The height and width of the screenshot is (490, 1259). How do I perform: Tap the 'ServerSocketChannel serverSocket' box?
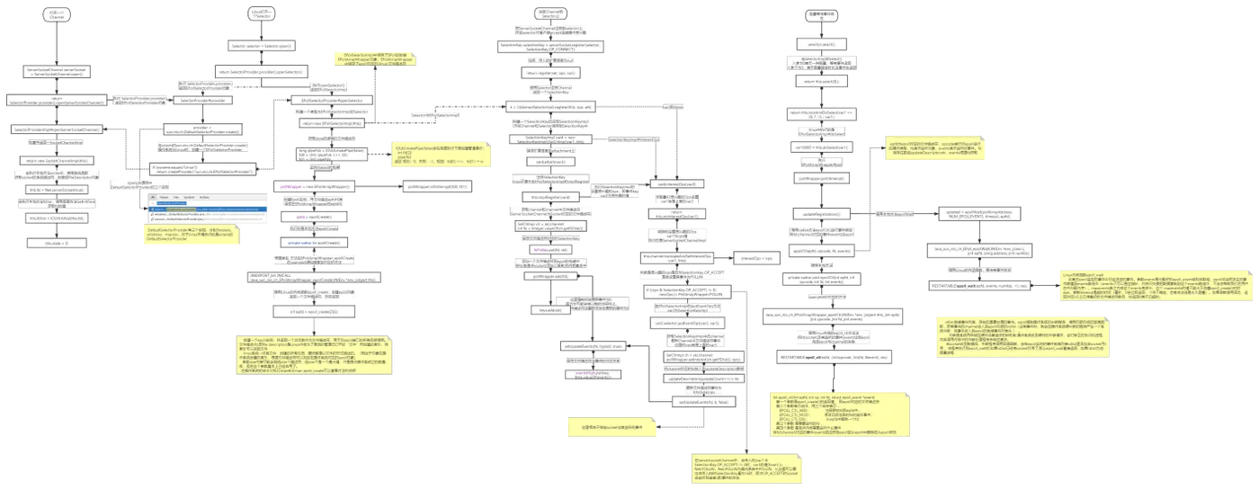56,70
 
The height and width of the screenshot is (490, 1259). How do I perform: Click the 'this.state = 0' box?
56,243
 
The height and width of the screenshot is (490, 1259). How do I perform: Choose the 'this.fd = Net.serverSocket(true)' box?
56,190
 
